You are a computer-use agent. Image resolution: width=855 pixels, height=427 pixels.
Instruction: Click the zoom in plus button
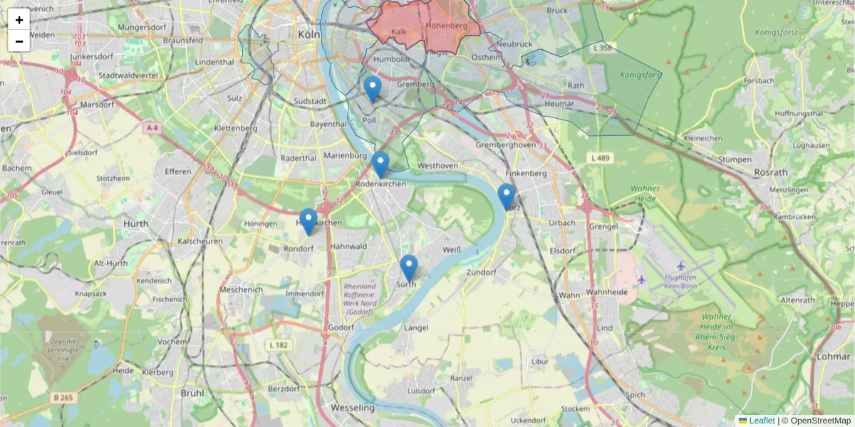point(19,20)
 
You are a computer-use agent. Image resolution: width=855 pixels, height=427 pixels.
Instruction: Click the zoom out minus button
point(19,41)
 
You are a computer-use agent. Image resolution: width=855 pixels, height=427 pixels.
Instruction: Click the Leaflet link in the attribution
point(762,421)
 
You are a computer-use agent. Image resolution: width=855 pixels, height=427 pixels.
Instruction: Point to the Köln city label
point(310,34)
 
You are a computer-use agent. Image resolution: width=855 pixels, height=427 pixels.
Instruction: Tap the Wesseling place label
point(353,408)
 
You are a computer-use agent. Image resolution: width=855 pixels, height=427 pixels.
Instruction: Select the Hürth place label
point(136,223)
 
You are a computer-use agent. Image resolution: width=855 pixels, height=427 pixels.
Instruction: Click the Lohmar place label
point(834,356)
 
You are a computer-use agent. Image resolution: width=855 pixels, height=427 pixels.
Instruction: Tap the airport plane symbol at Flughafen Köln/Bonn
point(643,279)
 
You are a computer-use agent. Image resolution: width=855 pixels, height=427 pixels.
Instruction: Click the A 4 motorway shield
point(151,128)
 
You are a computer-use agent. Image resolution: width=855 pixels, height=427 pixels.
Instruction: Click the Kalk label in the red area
point(398,31)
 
